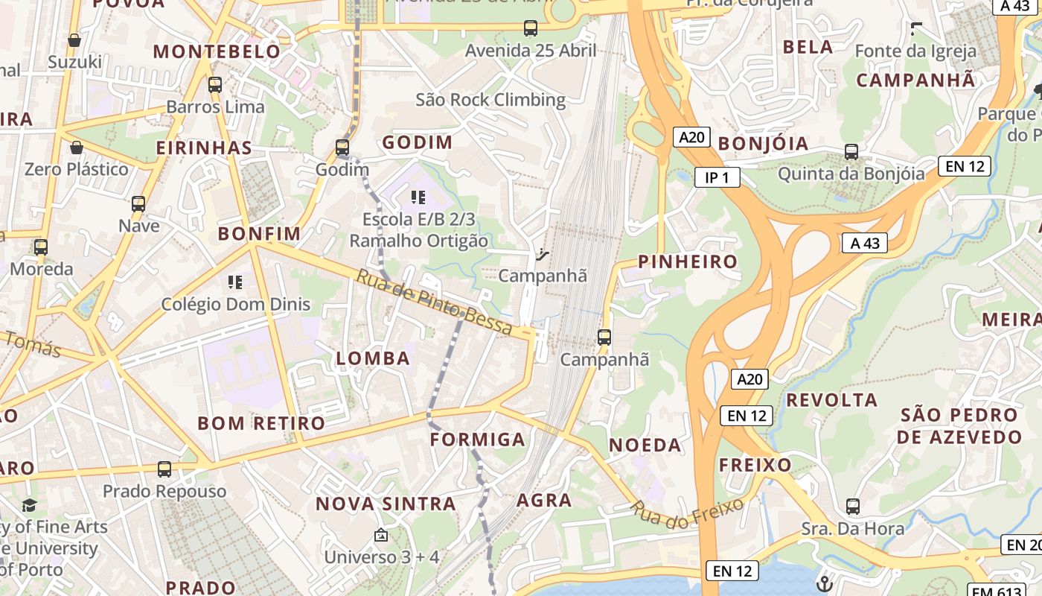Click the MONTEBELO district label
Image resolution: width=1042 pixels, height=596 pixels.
coord(217,51)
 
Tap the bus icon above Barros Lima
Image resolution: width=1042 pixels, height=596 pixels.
coord(215,85)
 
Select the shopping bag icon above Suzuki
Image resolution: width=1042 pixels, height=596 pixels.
coord(74,40)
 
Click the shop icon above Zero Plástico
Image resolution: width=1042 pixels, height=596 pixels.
coord(77,148)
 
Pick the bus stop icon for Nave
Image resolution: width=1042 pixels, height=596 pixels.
coord(138,203)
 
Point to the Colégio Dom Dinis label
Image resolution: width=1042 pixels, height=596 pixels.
coord(236,304)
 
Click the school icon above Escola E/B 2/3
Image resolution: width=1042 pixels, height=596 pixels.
coord(418,197)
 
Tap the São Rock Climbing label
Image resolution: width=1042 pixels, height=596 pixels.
coord(490,100)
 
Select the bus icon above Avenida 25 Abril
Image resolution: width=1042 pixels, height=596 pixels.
coord(531,28)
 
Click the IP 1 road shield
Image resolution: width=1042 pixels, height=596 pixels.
coord(717,177)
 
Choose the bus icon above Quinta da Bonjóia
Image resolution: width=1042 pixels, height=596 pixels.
coord(851,152)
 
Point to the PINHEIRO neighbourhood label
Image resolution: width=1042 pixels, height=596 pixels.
coord(688,261)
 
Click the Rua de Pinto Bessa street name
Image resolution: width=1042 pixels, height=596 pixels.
coord(435,302)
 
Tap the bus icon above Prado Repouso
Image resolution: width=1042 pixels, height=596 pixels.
coord(164,469)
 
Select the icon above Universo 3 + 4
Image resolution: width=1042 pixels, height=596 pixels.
coord(381,535)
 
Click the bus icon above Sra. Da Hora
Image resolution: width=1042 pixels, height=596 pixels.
coord(853,507)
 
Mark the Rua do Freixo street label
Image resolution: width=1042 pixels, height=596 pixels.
coord(687,515)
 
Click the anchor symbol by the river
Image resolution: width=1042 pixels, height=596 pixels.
coord(824,583)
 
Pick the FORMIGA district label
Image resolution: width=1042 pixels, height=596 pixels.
coord(478,439)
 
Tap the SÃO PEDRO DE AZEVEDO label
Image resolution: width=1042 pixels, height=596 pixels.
coord(959,425)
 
